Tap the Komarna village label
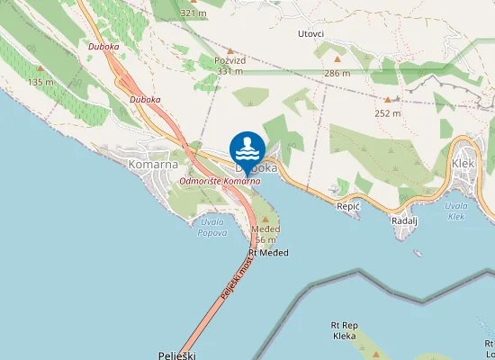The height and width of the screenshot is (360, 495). pos(154,165)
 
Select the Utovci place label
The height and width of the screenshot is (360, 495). pos(310,33)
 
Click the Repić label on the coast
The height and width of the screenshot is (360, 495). pos(347,206)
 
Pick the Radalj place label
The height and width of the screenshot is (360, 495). pos(405,220)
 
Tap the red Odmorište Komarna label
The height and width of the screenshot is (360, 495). pos(220,181)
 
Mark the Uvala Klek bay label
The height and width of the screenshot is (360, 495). pos(456,211)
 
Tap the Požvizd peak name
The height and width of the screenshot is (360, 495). pos(230,60)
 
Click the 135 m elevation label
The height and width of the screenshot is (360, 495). pos(40,82)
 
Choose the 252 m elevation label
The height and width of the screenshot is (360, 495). pos(388,113)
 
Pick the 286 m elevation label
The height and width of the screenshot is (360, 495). pos(337,72)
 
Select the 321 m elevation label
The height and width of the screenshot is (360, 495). pos(193,13)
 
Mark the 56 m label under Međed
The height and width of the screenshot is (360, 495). pos(265,240)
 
